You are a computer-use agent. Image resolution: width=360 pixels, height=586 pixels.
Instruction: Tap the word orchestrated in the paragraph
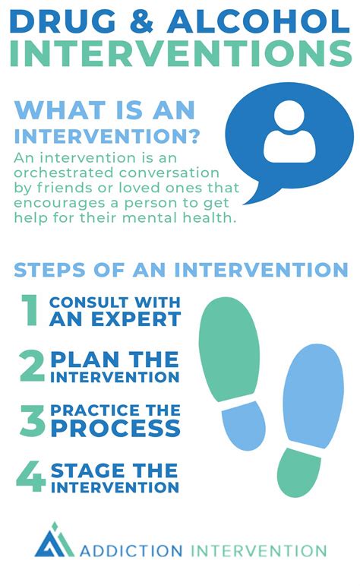point(73,173)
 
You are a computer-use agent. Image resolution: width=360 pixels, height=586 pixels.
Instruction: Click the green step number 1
point(30,310)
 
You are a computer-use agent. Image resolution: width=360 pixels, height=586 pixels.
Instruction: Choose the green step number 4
point(31,476)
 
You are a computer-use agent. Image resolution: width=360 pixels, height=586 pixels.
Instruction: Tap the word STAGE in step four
point(87,469)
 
